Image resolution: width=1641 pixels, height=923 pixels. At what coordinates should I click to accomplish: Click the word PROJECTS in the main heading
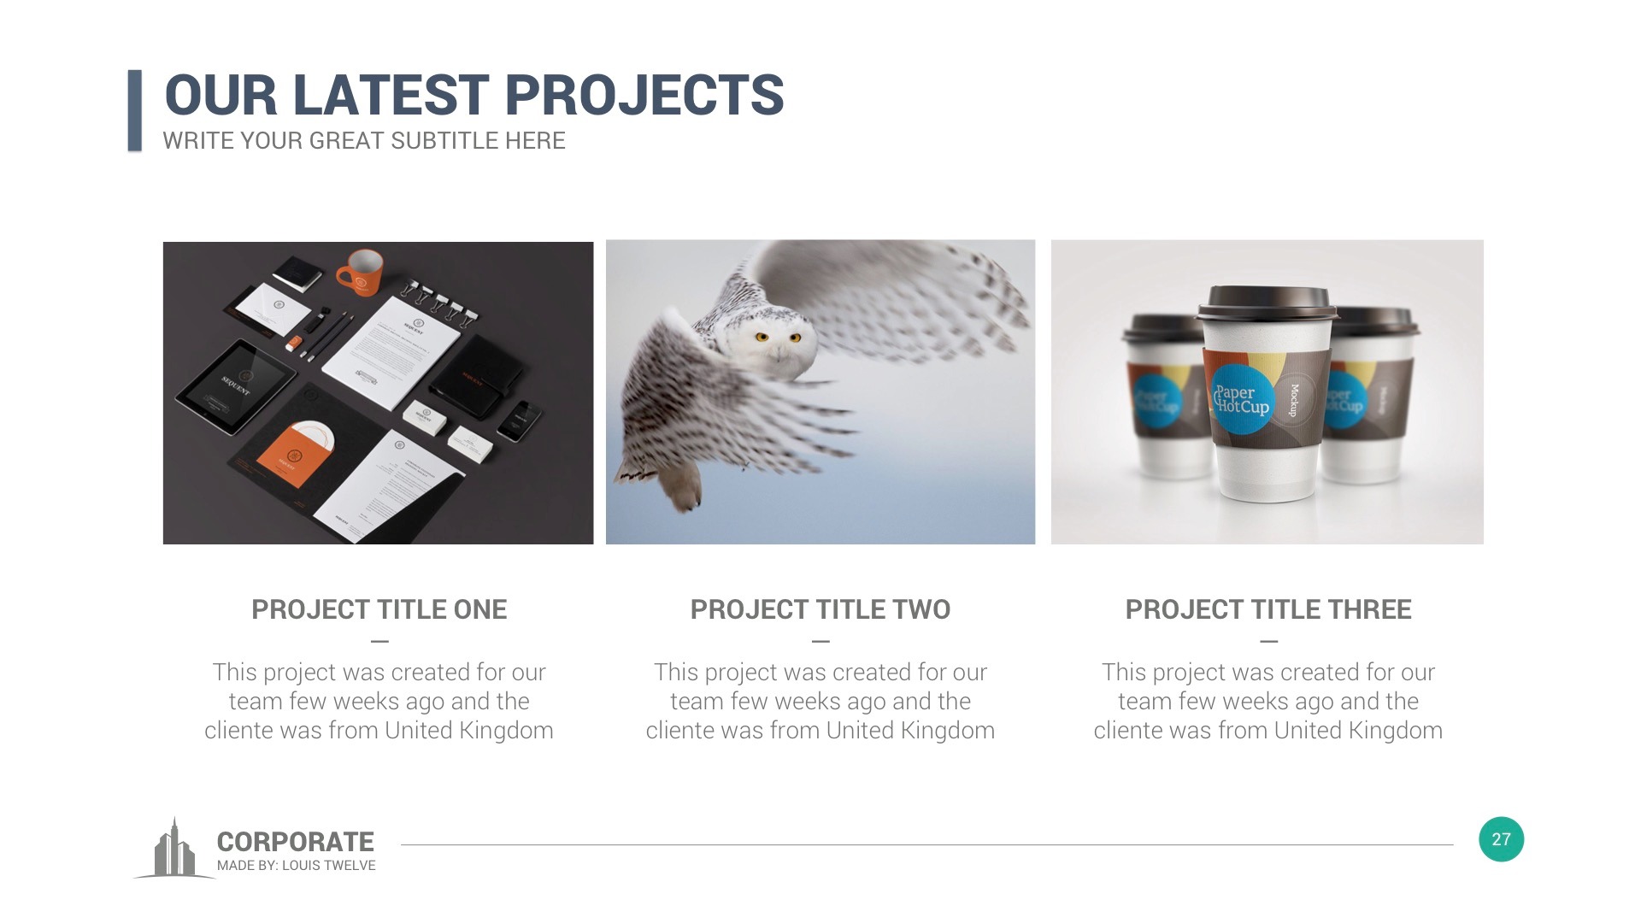click(x=644, y=95)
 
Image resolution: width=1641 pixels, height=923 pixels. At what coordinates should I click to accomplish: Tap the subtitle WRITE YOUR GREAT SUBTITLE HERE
click(x=364, y=141)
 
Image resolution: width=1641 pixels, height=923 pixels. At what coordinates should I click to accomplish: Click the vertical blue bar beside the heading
click(x=135, y=110)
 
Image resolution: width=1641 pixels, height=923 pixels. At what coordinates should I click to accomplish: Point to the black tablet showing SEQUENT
click(x=235, y=386)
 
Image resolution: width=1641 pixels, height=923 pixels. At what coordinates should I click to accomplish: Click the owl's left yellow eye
click(x=761, y=337)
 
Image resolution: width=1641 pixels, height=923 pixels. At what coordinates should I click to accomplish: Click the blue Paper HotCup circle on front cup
click(x=1241, y=399)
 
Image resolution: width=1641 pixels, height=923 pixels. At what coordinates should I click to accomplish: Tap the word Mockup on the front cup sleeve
click(x=1294, y=400)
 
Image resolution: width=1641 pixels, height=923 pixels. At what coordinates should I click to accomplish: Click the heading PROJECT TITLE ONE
click(x=379, y=609)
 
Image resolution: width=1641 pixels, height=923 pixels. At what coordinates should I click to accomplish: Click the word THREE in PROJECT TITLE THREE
click(x=1368, y=609)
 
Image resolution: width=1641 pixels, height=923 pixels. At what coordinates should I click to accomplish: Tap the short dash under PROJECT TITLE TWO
click(x=820, y=641)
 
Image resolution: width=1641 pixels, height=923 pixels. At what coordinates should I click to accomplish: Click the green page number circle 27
click(x=1501, y=839)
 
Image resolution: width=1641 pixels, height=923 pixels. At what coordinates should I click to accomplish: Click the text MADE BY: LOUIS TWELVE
click(x=296, y=866)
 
